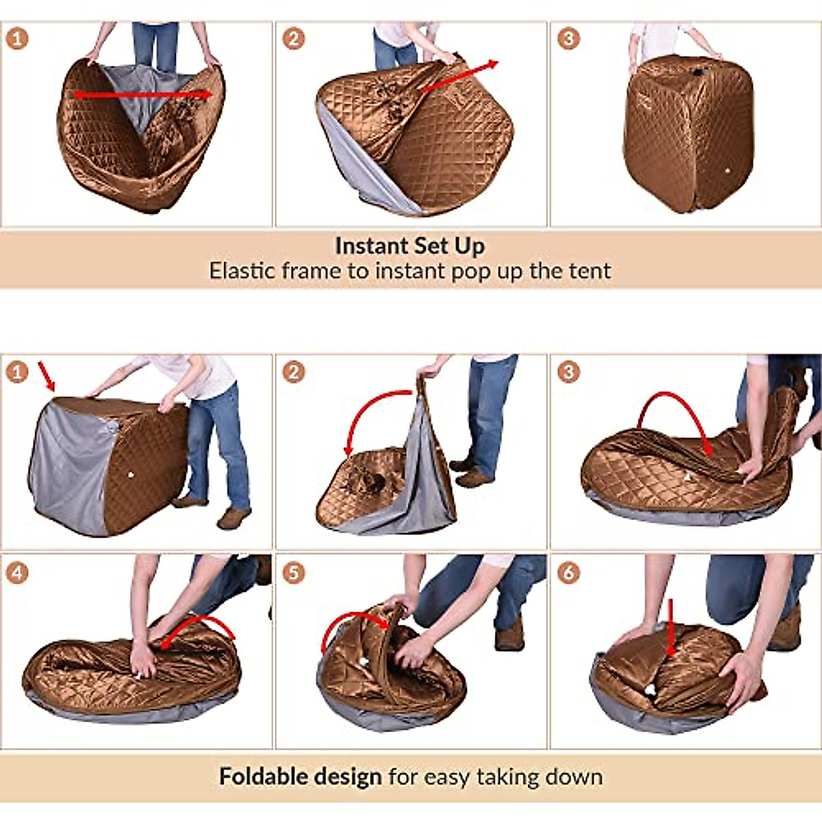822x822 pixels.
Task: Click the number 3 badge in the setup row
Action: [x=568, y=38]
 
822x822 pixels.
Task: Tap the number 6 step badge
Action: [x=568, y=572]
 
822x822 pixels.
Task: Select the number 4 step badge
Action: [x=17, y=572]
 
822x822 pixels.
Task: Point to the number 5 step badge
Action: [x=294, y=572]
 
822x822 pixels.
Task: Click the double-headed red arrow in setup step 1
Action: [x=142, y=95]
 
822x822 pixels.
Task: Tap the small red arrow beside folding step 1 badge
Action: [x=46, y=376]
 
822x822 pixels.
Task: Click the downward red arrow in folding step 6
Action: [x=671, y=627]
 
